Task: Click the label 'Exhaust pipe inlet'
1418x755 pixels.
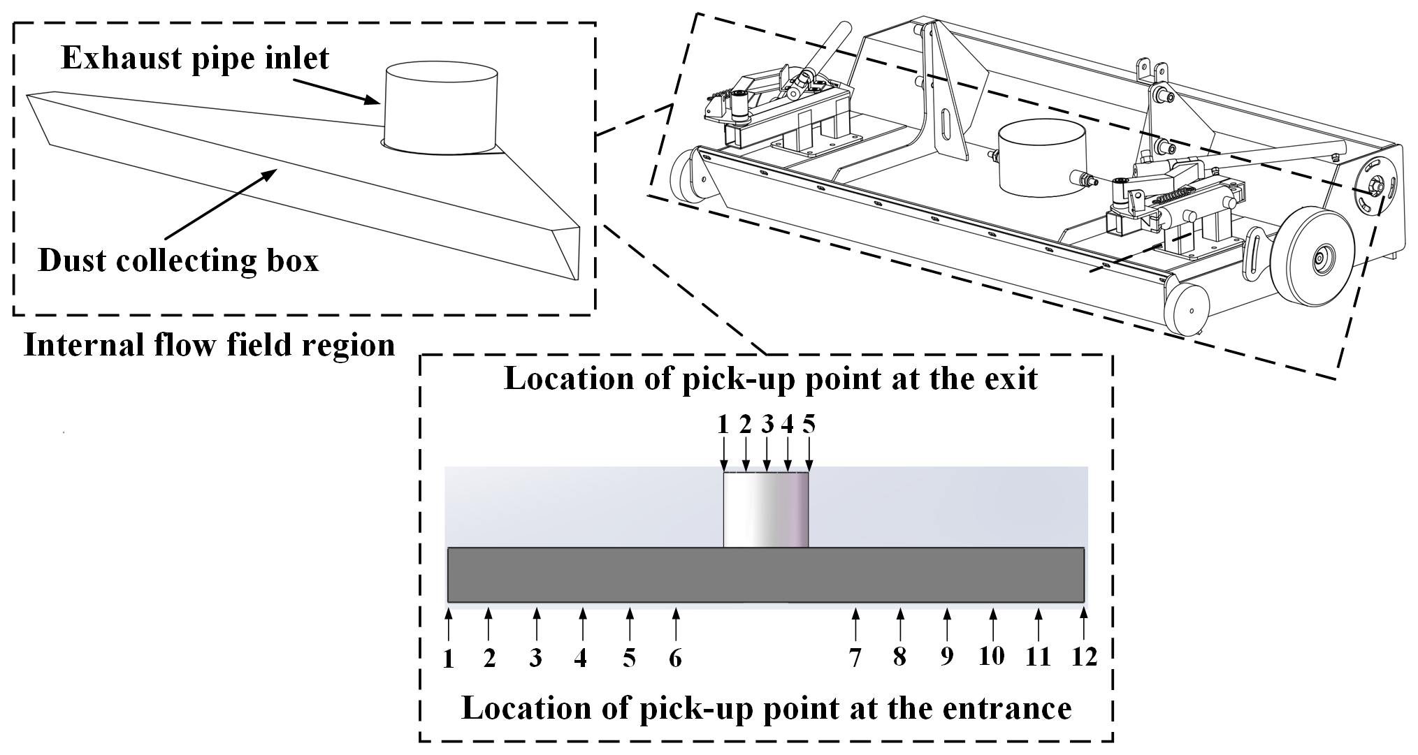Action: pyautogui.click(x=195, y=57)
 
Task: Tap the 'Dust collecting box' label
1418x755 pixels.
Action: pyautogui.click(x=178, y=261)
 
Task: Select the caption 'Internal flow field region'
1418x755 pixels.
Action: pyautogui.click(x=210, y=345)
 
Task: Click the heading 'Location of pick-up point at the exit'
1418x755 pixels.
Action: pyautogui.click(x=771, y=379)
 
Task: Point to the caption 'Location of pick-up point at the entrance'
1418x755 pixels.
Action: pyautogui.click(x=767, y=708)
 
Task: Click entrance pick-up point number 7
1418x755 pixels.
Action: pyautogui.click(x=855, y=657)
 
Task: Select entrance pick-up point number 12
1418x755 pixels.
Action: pyautogui.click(x=1084, y=657)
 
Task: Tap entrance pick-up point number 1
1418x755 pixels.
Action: pyautogui.click(x=449, y=659)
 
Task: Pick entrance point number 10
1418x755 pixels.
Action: pyautogui.click(x=992, y=657)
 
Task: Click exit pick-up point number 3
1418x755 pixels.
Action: pyautogui.click(x=767, y=425)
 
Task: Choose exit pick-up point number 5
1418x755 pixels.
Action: pyautogui.click(x=809, y=425)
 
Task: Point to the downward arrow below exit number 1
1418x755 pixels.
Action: pyautogui.click(x=724, y=458)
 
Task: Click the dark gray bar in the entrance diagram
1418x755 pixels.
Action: pyautogui.click(x=765, y=575)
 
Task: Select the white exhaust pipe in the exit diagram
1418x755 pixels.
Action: pyautogui.click(x=765, y=510)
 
